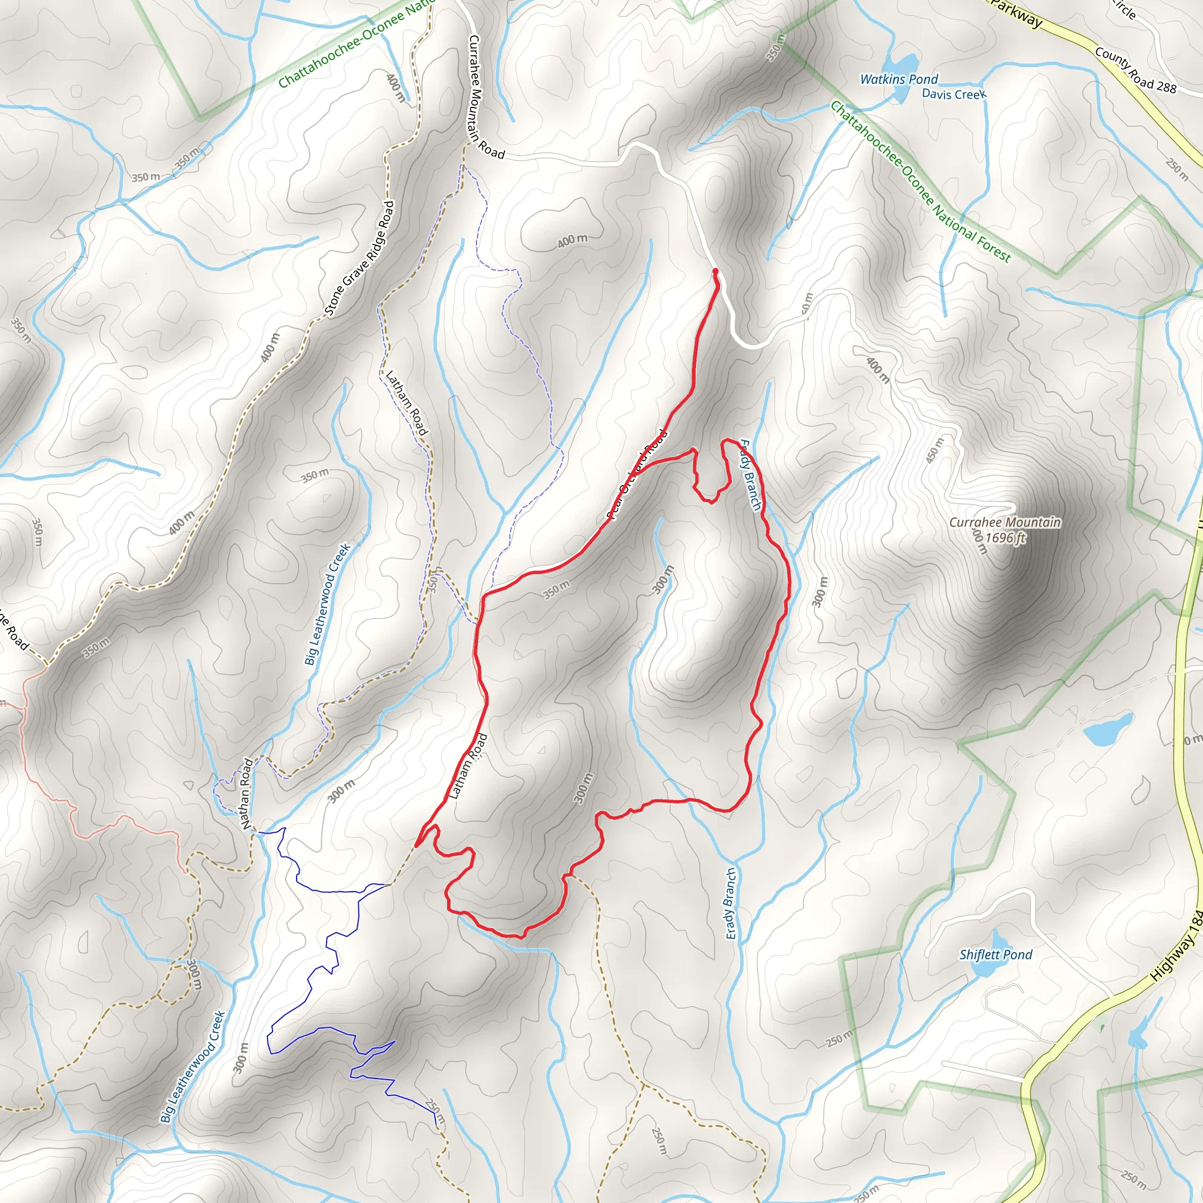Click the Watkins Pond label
pyautogui.click(x=899, y=79)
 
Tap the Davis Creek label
pyautogui.click(x=954, y=94)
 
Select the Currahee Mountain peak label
pyautogui.click(x=1004, y=522)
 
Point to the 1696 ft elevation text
pyautogui.click(x=1004, y=537)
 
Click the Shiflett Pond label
pyautogui.click(x=996, y=955)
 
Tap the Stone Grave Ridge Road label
pyautogui.click(x=360, y=258)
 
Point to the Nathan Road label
pyautogui.click(x=247, y=793)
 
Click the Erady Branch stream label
pyautogui.click(x=730, y=903)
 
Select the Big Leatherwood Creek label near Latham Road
pyautogui.click(x=328, y=604)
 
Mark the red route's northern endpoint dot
pyautogui.click(x=715, y=271)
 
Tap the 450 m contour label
pyautogui.click(x=935, y=450)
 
